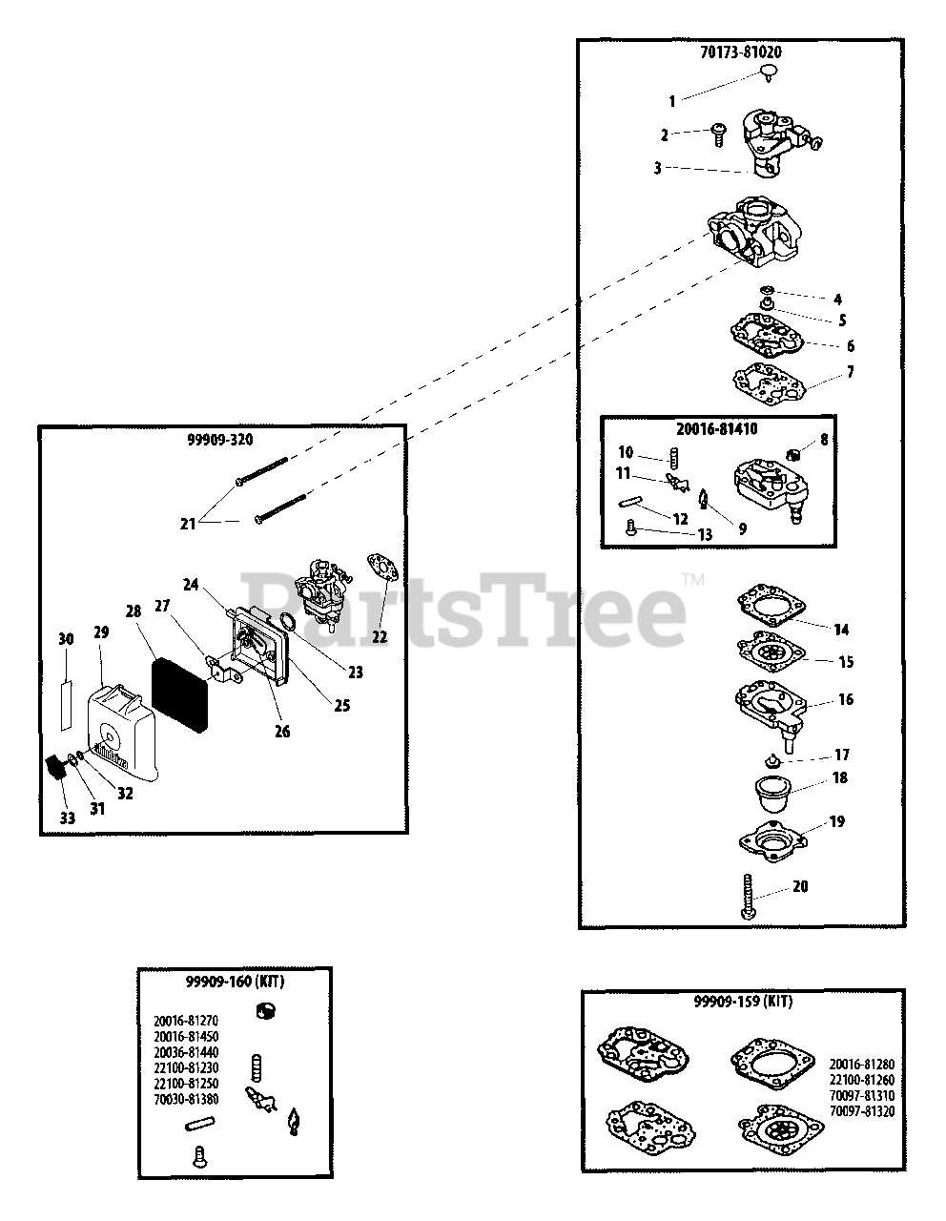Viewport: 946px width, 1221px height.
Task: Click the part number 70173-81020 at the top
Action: (x=740, y=53)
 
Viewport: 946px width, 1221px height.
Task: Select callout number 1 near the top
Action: (x=671, y=100)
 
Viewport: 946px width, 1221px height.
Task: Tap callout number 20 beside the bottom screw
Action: (x=800, y=886)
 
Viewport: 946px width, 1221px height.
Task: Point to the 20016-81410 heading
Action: (x=717, y=429)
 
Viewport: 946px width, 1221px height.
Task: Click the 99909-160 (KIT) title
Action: (x=235, y=982)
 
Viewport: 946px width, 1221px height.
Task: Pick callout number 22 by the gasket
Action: (x=380, y=636)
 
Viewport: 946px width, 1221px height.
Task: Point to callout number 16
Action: (x=845, y=699)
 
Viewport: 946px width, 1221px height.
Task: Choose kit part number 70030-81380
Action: (x=186, y=1098)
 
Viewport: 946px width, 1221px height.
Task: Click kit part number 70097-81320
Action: (x=861, y=1110)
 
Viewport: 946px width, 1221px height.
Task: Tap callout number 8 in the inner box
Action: (x=823, y=442)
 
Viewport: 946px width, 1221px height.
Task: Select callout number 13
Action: (x=705, y=535)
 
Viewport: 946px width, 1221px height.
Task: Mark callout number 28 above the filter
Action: (x=133, y=610)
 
